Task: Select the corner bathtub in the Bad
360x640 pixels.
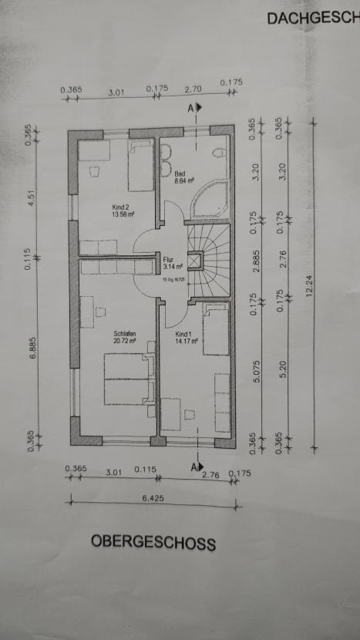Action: coord(210,204)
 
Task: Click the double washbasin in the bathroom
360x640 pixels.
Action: coord(165,159)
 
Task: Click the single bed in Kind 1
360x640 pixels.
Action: coord(216,329)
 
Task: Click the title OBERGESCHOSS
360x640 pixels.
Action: coord(153,542)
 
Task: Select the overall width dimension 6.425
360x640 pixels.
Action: coord(153,499)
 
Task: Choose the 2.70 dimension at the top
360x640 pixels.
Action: coord(193,89)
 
